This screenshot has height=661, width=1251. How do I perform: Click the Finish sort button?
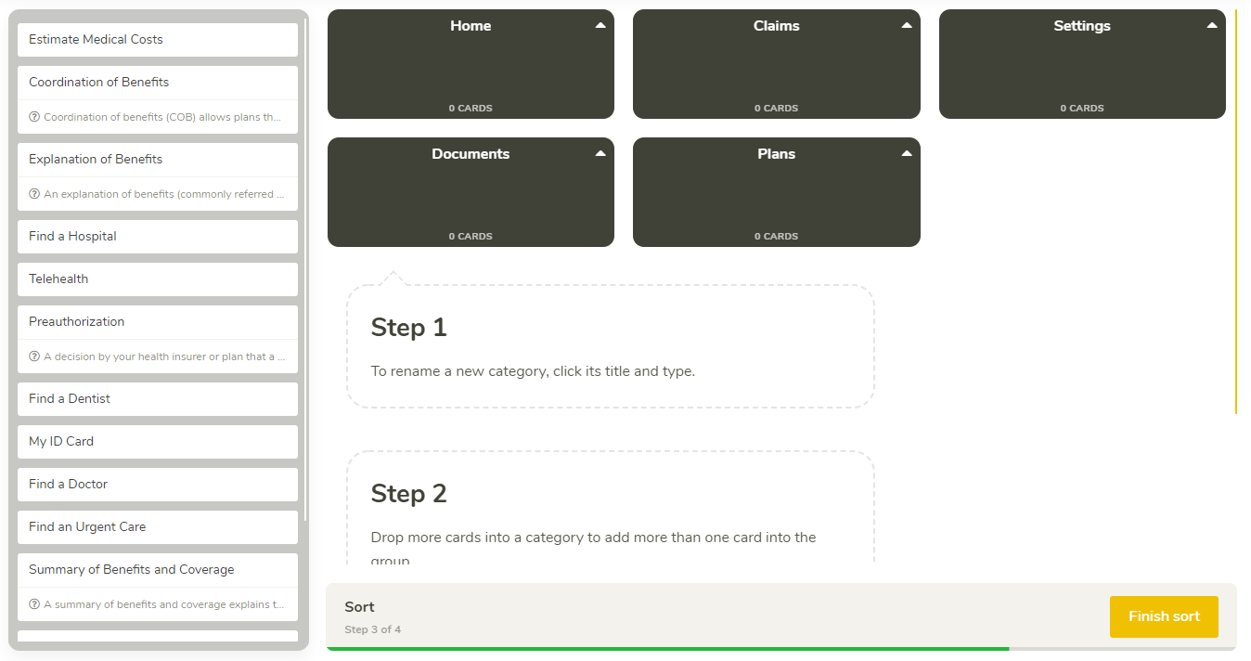point(1164,616)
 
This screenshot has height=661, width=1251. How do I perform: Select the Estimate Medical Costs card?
point(158,40)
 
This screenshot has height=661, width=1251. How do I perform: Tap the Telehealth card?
point(158,279)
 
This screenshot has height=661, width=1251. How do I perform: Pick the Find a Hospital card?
point(158,237)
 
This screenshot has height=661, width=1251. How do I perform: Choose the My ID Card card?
point(158,441)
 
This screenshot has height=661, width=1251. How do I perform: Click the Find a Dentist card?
point(158,399)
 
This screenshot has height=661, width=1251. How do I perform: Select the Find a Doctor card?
point(158,485)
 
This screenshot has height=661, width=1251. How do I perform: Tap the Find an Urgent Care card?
point(158,527)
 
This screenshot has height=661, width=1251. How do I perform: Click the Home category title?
point(471,26)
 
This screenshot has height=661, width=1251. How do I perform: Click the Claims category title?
point(776,26)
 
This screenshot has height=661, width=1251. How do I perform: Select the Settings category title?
point(1082,26)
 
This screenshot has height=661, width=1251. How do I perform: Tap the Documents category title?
point(471,154)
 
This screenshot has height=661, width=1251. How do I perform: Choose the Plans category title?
point(776,154)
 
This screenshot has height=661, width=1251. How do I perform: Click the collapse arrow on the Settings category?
point(1212,25)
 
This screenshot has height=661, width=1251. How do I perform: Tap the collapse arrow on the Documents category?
point(600,153)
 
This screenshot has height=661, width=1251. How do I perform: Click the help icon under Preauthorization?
point(34,356)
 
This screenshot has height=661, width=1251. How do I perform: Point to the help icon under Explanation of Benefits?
point(34,194)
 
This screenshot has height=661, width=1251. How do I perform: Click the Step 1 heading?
point(409,328)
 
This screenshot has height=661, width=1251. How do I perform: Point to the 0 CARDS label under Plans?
point(776,237)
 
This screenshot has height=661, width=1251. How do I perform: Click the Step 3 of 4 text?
point(372,629)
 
